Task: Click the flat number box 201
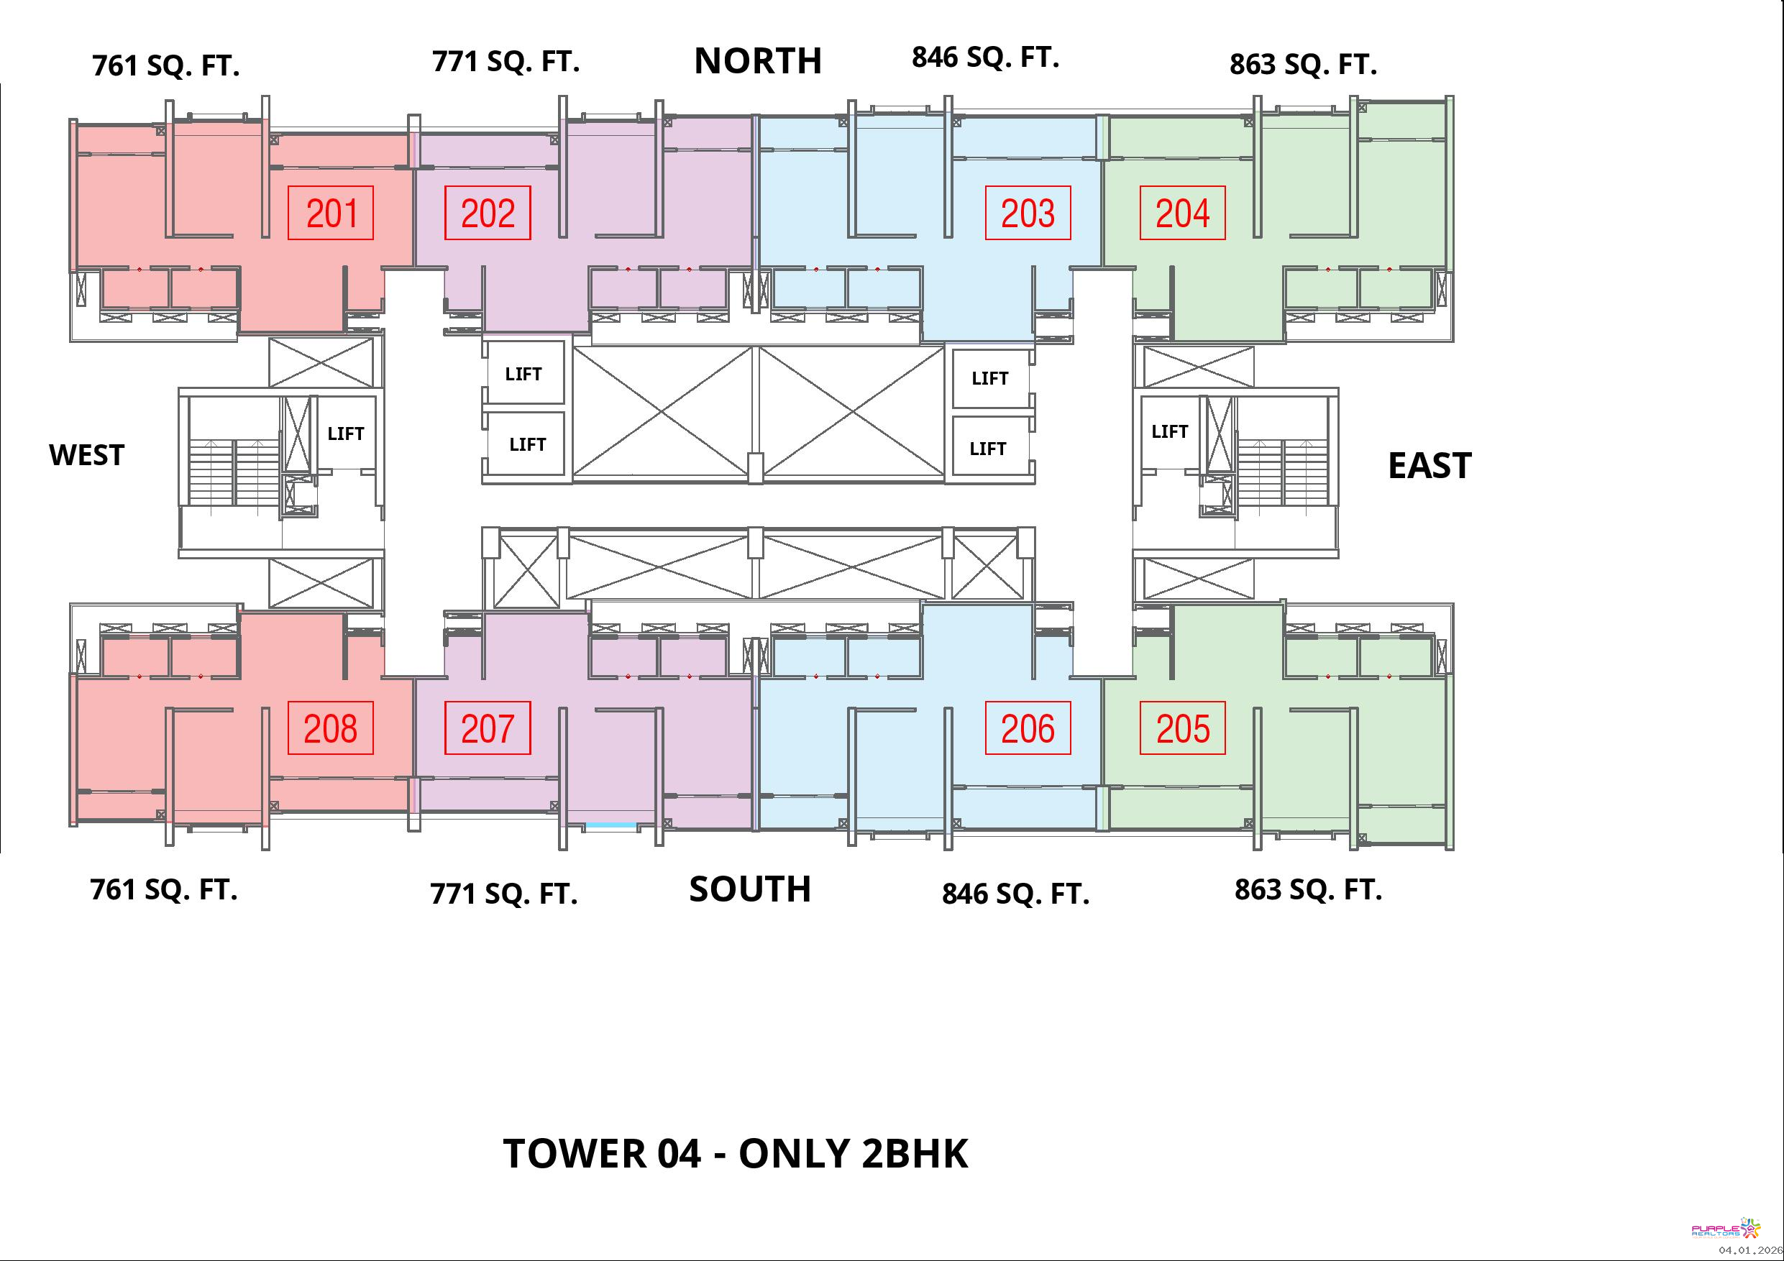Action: point(331,213)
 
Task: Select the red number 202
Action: point(488,213)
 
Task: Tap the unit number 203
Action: point(1028,213)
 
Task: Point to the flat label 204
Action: point(1183,213)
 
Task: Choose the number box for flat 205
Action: point(1183,728)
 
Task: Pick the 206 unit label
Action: point(1028,728)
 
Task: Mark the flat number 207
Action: point(488,728)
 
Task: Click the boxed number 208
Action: point(331,728)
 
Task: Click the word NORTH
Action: point(758,60)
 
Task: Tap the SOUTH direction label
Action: point(750,889)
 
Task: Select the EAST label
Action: point(1430,465)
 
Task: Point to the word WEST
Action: point(86,455)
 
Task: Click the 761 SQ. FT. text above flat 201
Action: point(165,65)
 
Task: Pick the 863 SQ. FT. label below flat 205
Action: point(1309,889)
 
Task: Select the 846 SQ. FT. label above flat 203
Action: point(985,57)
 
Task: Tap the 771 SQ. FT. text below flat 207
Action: point(503,894)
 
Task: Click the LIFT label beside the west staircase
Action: point(346,434)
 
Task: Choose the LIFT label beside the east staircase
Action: point(1169,431)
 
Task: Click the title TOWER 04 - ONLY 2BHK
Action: point(736,1153)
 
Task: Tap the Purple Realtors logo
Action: point(1726,1229)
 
